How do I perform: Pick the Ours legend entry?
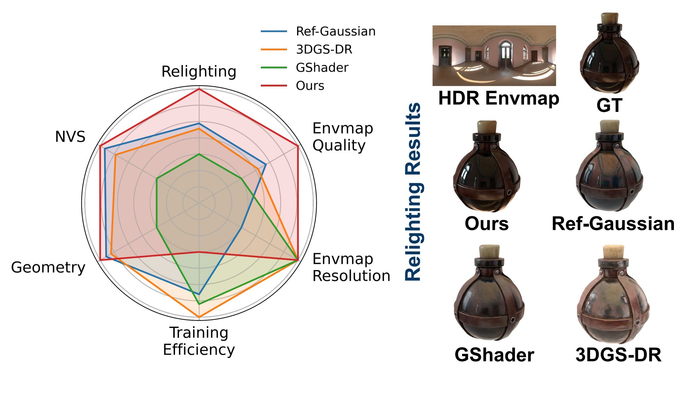pyautogui.click(x=310, y=86)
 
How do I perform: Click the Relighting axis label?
pyautogui.click(x=199, y=72)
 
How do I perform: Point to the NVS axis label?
pyautogui.click(x=70, y=137)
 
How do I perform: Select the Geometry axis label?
pyautogui.click(x=48, y=267)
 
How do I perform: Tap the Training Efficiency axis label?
pyautogui.click(x=199, y=341)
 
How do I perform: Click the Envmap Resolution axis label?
pyautogui.click(x=351, y=267)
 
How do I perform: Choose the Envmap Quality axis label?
pyautogui.click(x=343, y=137)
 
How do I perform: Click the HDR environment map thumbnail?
pyautogui.click(x=494, y=55)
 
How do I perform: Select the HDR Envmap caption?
pyautogui.click(x=498, y=98)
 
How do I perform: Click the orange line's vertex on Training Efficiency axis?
pyautogui.click(x=199, y=317)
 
